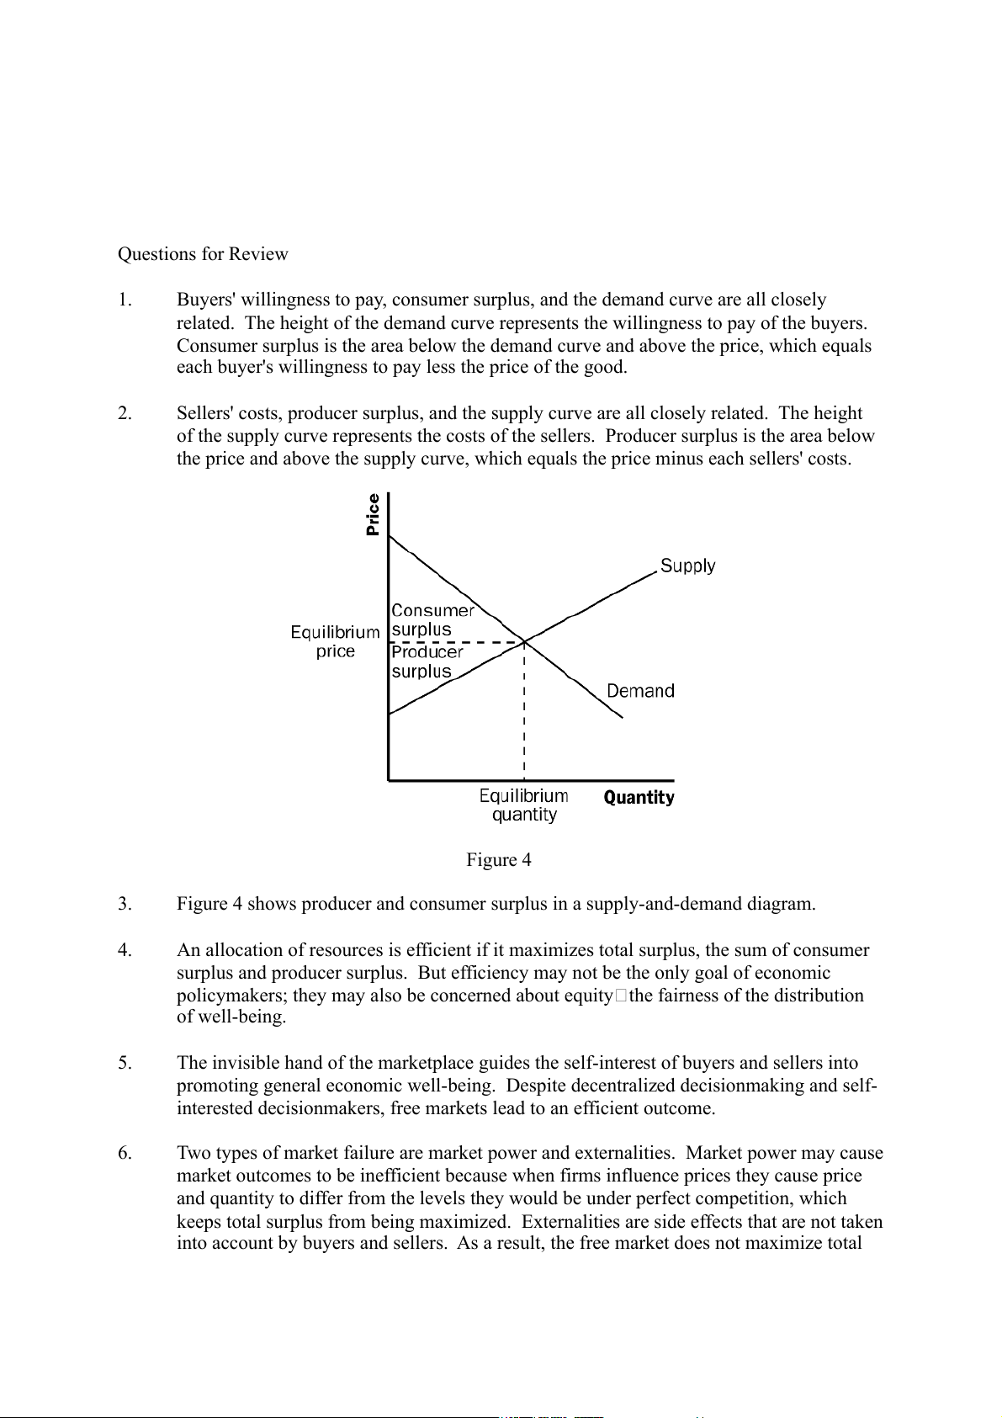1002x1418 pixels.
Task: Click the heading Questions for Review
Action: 203,254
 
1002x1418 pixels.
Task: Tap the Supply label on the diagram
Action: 687,566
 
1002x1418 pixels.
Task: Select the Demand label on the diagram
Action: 640,691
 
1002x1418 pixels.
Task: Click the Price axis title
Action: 374,514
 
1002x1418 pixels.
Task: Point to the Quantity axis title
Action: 639,798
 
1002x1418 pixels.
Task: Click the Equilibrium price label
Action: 335,641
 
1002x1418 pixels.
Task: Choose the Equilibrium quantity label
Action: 523,805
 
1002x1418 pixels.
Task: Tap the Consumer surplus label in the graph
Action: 432,620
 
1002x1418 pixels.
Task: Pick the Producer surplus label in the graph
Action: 427,661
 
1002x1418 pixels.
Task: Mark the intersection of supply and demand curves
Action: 524,642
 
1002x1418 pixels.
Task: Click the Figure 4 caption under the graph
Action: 499,860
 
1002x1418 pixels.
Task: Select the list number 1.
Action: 125,300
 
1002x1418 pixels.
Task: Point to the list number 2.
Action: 125,414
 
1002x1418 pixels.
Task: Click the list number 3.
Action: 125,905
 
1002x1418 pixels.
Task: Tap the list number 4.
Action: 125,951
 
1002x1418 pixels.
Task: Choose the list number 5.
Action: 125,1064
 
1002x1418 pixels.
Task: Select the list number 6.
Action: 125,1154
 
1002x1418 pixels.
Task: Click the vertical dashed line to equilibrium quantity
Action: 524,715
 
